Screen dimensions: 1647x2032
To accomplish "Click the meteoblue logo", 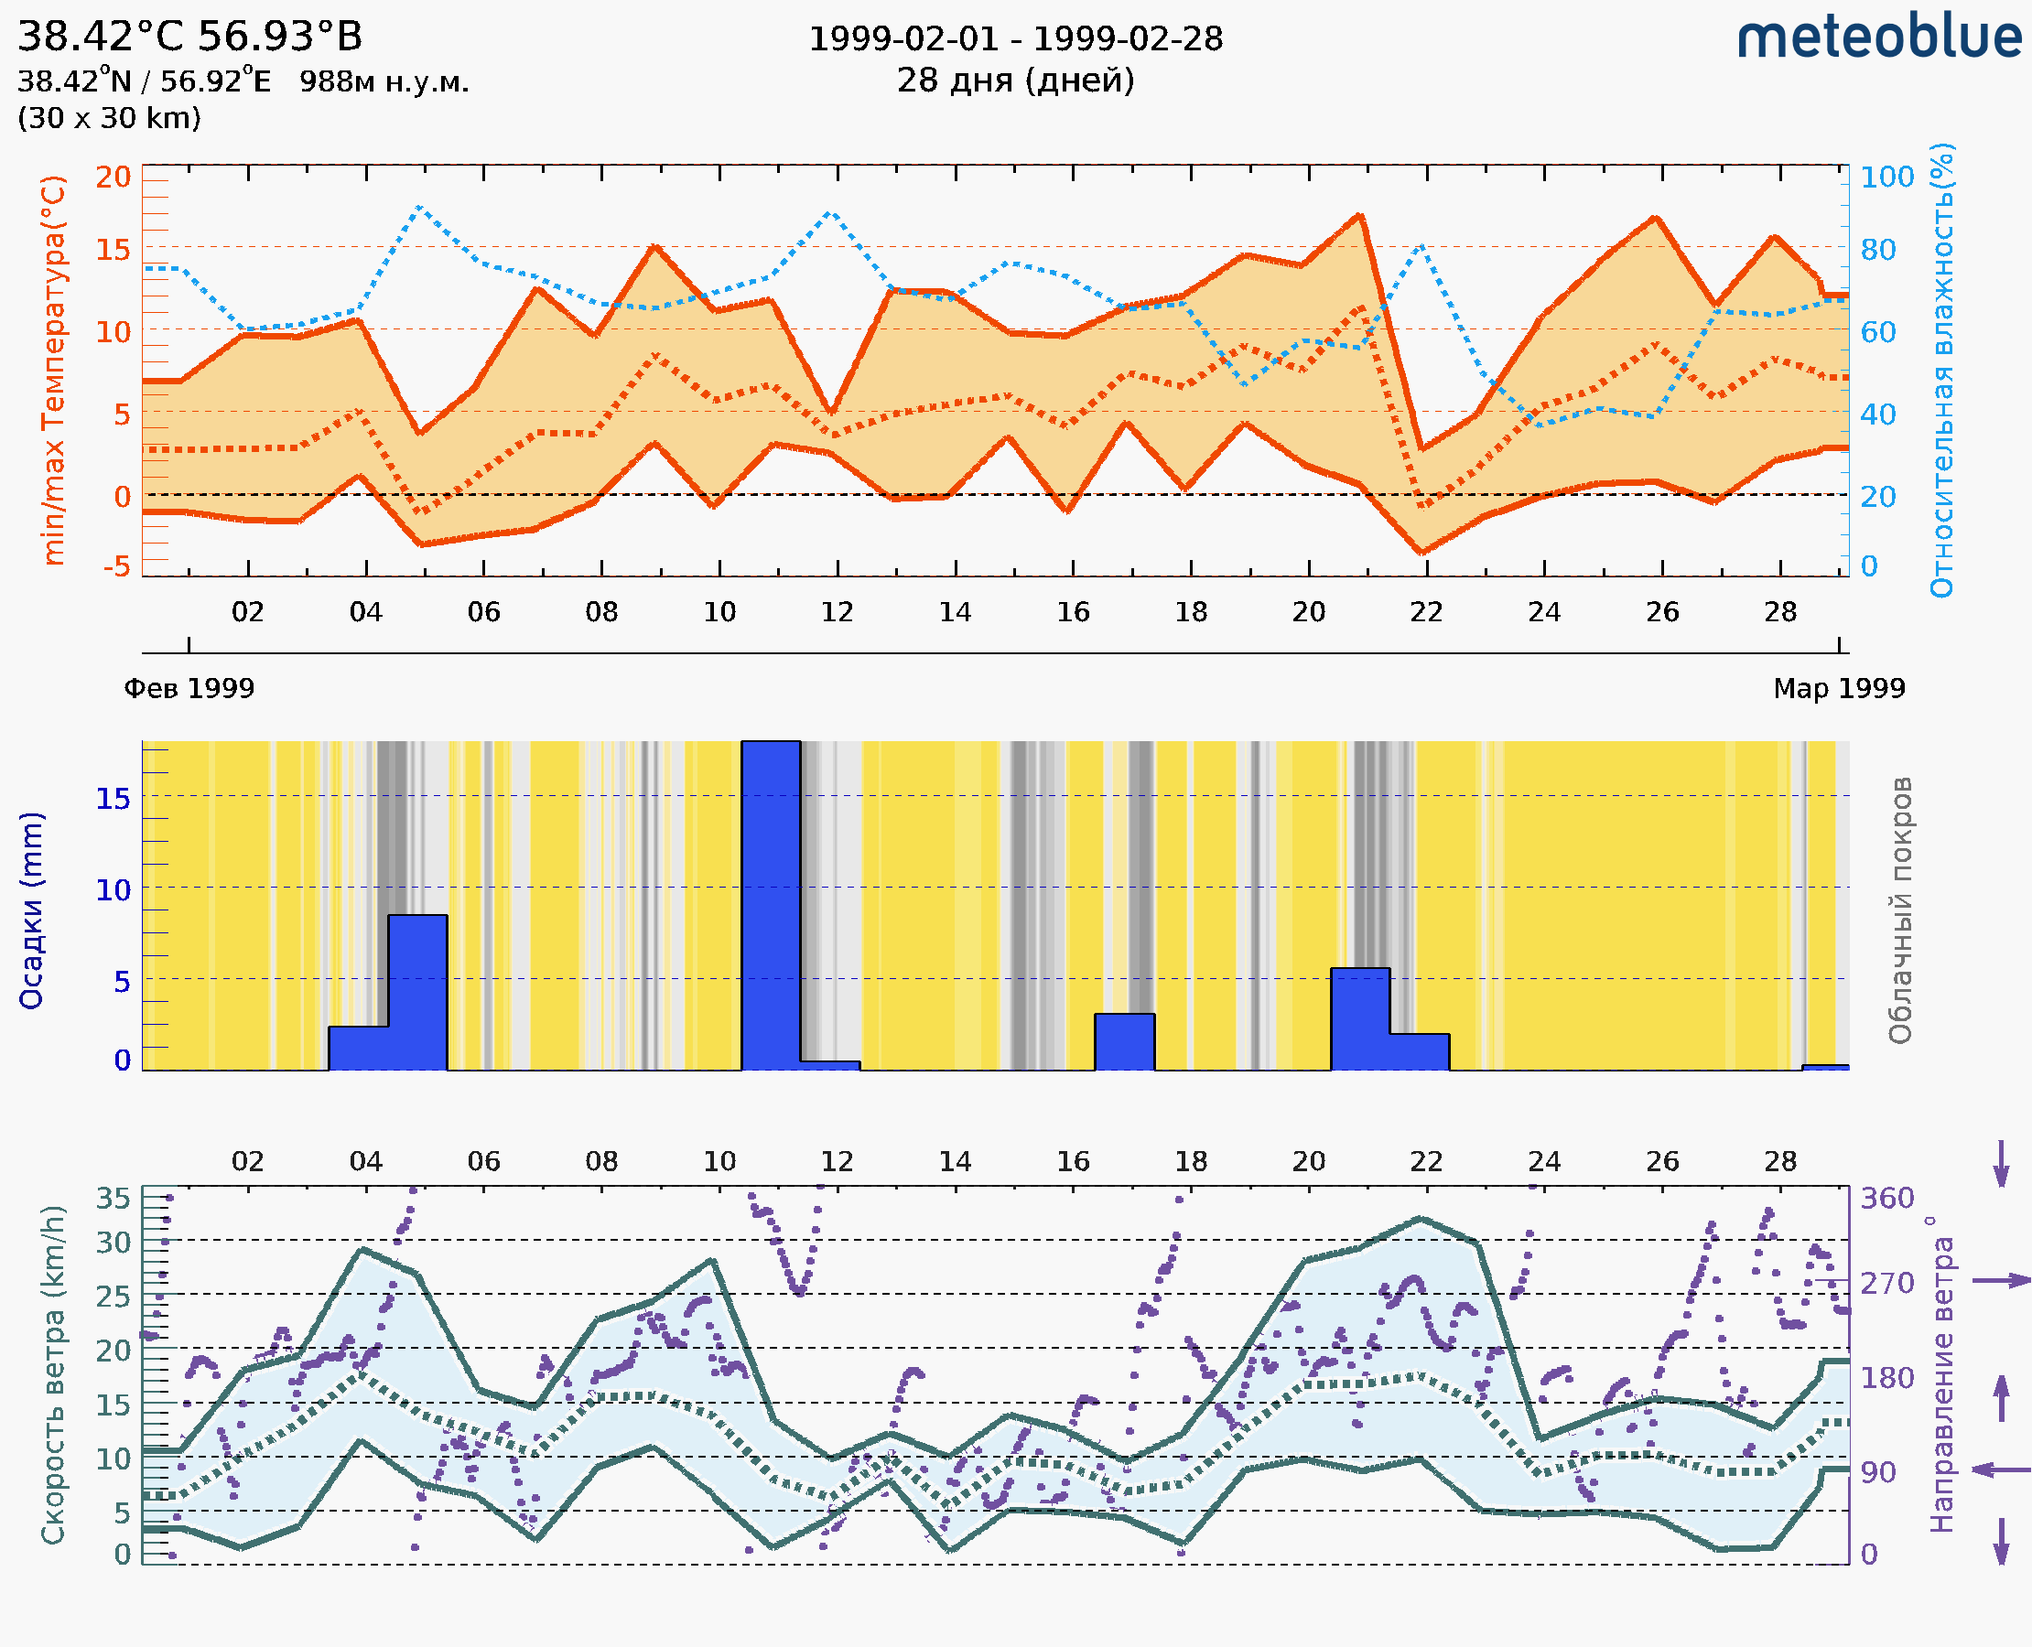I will [x=1878, y=38].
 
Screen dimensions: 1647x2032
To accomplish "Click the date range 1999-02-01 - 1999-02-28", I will [x=1014, y=39].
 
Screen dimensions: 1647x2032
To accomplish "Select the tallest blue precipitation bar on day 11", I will [x=770, y=905].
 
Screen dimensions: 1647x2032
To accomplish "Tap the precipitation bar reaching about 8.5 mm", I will [x=416, y=992].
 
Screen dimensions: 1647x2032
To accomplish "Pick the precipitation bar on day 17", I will [x=1124, y=1041].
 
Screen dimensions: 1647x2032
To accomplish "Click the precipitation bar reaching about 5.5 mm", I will [x=1359, y=1018].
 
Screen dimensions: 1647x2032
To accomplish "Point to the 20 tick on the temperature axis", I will [x=113, y=177].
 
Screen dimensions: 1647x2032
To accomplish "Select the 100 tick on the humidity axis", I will [x=1886, y=177].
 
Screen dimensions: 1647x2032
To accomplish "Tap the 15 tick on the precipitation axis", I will [x=113, y=798].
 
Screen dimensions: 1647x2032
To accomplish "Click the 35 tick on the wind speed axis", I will [x=113, y=1199].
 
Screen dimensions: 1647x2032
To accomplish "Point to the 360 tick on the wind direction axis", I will [x=1886, y=1199].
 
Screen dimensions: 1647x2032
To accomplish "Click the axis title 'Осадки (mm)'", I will [x=31, y=910].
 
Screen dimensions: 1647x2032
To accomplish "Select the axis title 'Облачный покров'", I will [x=1899, y=910].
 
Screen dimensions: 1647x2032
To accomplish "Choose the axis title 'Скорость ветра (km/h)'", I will [x=52, y=1374].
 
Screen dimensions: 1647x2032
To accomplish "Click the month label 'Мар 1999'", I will [x=1838, y=688].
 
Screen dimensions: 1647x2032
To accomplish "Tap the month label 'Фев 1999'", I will [x=189, y=688].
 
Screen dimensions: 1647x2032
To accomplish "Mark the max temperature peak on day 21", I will [x=1359, y=215].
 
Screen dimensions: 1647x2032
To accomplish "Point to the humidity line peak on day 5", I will [x=418, y=207].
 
